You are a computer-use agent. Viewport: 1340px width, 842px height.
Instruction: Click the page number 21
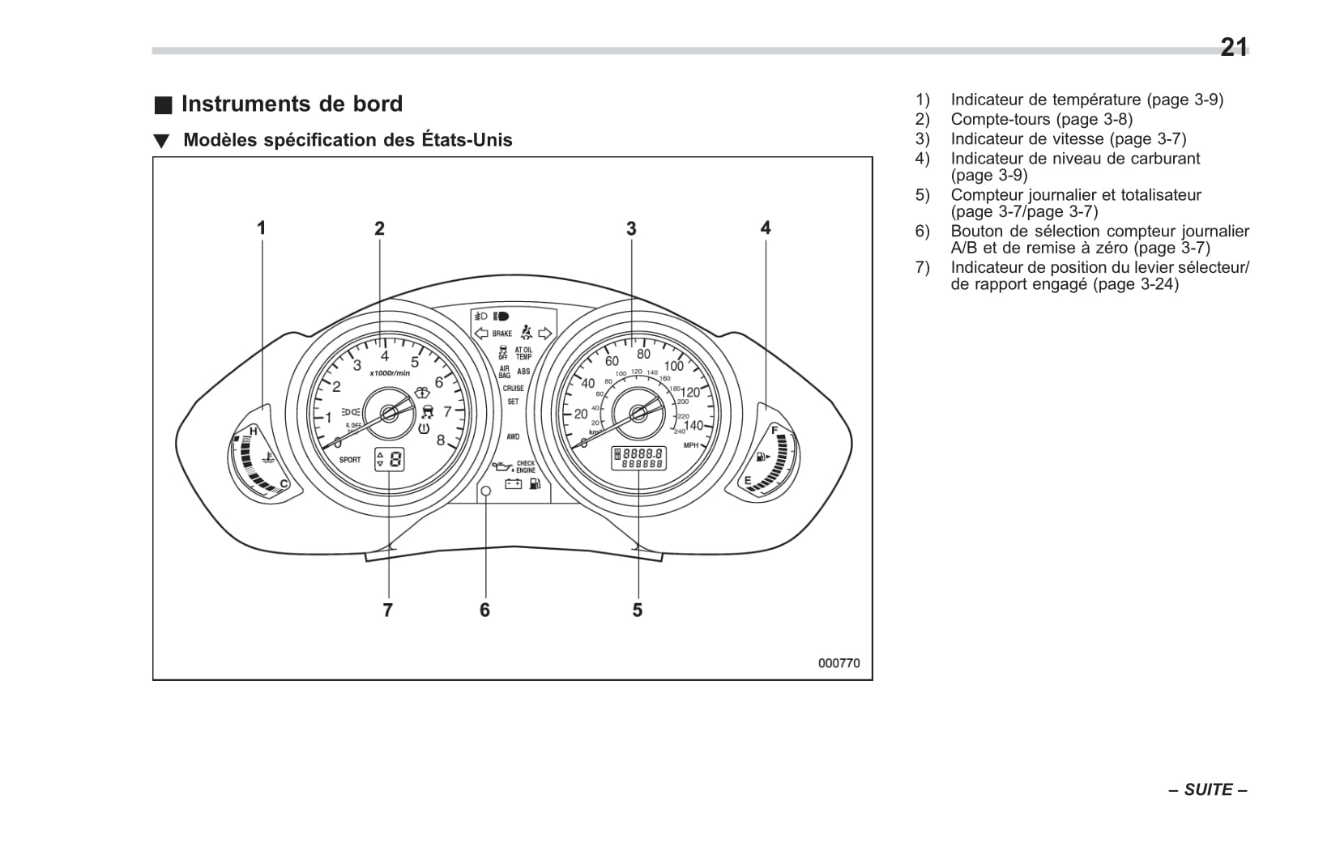tap(1233, 48)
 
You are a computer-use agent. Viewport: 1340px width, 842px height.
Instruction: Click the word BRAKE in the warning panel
tap(502, 334)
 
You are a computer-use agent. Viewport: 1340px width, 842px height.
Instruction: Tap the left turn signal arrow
tap(480, 333)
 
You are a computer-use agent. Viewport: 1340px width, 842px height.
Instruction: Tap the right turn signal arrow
tap(545, 333)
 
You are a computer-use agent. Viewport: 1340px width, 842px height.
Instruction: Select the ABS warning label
tap(523, 372)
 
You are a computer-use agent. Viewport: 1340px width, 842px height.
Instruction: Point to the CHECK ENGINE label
tap(526, 467)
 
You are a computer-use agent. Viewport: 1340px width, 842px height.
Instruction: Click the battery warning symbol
tap(513, 484)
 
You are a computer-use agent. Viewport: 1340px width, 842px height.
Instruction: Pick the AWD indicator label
tap(513, 436)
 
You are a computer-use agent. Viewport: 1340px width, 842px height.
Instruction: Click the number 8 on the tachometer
tap(441, 440)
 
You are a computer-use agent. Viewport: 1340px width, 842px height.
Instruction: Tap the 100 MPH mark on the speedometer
tap(673, 366)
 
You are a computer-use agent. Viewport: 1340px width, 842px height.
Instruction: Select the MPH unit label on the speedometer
tap(690, 445)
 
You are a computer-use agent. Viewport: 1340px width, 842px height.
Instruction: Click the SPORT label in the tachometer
tap(350, 460)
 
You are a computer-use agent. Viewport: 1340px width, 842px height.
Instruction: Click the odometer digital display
tap(638, 458)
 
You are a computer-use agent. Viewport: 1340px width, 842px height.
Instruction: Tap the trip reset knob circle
tap(486, 491)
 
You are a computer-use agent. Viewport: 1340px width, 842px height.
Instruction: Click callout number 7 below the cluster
tap(388, 610)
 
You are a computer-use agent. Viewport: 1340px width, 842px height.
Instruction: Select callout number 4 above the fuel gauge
tap(766, 228)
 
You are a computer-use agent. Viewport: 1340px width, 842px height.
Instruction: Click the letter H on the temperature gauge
tap(254, 432)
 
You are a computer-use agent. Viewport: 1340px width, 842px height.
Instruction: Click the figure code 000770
tap(839, 663)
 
